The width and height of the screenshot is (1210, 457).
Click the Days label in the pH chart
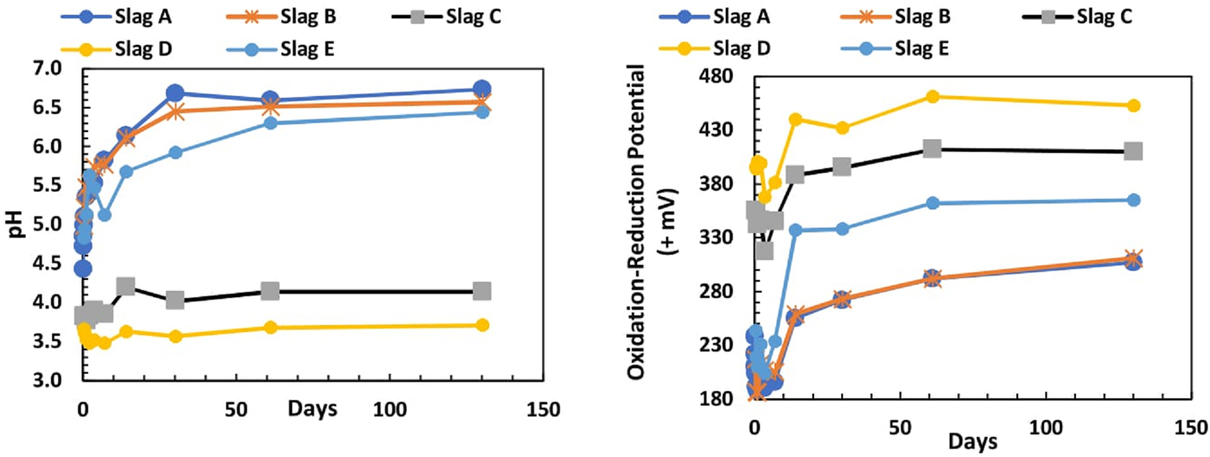coord(313,408)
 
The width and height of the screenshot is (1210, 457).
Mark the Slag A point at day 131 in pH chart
coord(482,89)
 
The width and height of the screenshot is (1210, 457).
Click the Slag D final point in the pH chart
coord(482,325)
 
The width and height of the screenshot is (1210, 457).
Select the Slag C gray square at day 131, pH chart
coord(482,291)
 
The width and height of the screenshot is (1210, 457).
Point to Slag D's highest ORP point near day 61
coord(932,96)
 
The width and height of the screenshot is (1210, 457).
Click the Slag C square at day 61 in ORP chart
coord(932,149)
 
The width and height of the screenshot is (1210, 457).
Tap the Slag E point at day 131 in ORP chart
coord(1133,200)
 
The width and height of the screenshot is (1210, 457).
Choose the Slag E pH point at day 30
coord(175,152)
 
